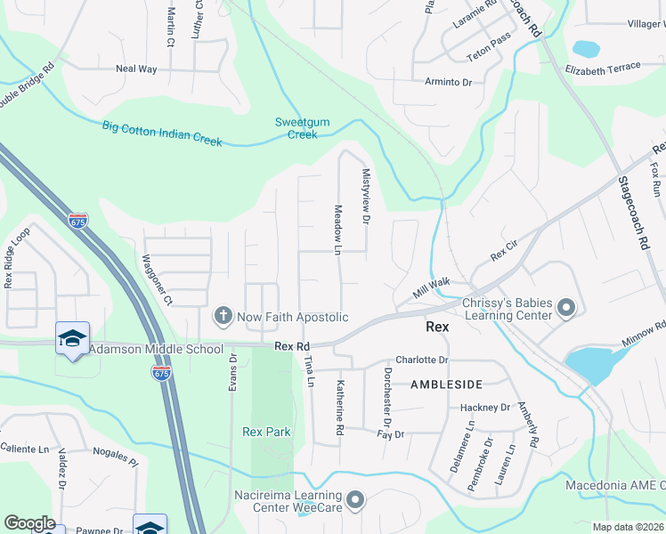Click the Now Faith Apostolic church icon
(223, 316)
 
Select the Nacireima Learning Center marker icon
(355, 500)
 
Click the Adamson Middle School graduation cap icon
(72, 338)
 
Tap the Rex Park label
(266, 432)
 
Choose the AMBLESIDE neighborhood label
(446, 384)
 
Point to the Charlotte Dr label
(421, 360)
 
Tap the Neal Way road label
(136, 69)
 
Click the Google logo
(29, 523)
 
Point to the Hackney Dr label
(484, 408)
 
